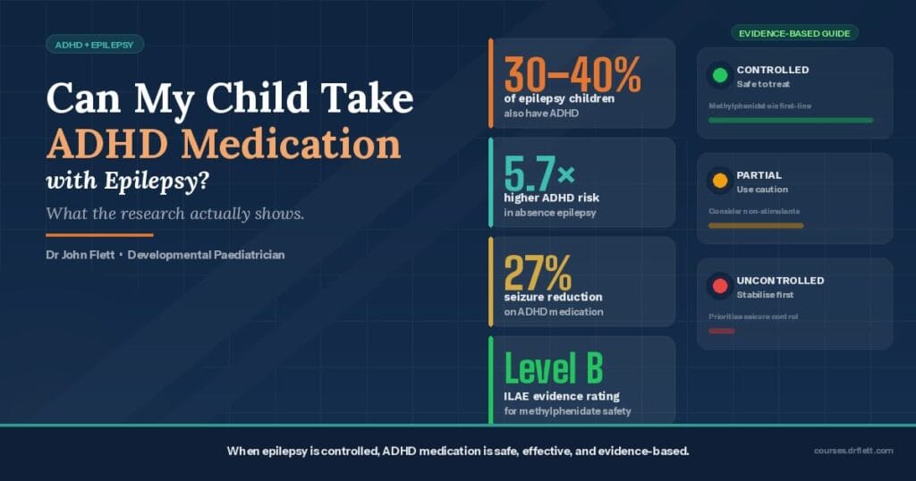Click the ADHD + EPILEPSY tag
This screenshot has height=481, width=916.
tap(94, 44)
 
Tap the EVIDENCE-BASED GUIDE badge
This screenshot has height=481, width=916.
tap(794, 33)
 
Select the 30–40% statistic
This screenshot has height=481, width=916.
tap(572, 74)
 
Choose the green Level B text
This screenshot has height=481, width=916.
tap(554, 369)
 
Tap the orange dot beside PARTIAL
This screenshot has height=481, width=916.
tap(719, 181)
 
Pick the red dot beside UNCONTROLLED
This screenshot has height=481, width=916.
tap(719, 287)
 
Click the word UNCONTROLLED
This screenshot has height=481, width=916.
tap(780, 281)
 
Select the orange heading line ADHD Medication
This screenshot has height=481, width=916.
tap(224, 142)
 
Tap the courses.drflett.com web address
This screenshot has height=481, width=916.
tap(853, 451)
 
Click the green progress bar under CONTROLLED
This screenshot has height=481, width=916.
tap(790, 120)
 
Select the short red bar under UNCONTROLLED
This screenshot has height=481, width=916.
tap(721, 331)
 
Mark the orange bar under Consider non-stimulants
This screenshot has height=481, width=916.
tap(755, 225)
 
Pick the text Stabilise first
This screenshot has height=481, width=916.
tap(765, 294)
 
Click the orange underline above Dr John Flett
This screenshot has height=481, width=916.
tap(99, 235)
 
